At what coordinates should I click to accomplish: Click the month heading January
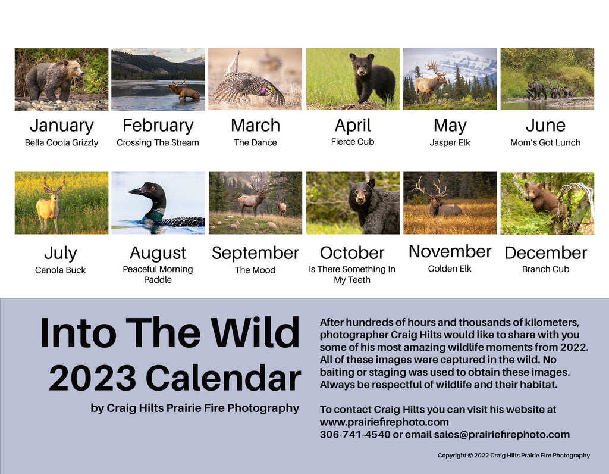61,126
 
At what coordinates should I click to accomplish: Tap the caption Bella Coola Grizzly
61,143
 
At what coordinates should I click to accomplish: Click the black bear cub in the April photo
371,79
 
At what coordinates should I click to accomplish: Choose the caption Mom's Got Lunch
545,143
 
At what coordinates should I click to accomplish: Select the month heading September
255,253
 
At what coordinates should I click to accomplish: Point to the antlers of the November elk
429,186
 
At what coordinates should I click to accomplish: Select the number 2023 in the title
92,378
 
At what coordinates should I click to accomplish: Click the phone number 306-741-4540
355,434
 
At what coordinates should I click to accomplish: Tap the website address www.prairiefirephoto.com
384,422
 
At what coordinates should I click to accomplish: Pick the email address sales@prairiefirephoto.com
502,434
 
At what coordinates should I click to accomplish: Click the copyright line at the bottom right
513,456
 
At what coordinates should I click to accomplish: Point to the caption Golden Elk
450,269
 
